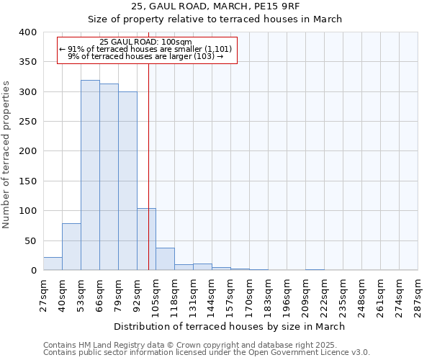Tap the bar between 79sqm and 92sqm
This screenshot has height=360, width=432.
[x=127, y=181]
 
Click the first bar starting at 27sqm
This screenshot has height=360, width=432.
[x=53, y=264]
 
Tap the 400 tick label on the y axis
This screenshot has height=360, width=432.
[x=27, y=32]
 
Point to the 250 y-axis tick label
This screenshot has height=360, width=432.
[x=27, y=122]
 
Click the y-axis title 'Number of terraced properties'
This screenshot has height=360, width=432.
[x=7, y=155]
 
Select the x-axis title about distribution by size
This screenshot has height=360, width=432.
[x=230, y=326]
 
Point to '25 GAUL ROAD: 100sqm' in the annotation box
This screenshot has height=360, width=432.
[x=146, y=42]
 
